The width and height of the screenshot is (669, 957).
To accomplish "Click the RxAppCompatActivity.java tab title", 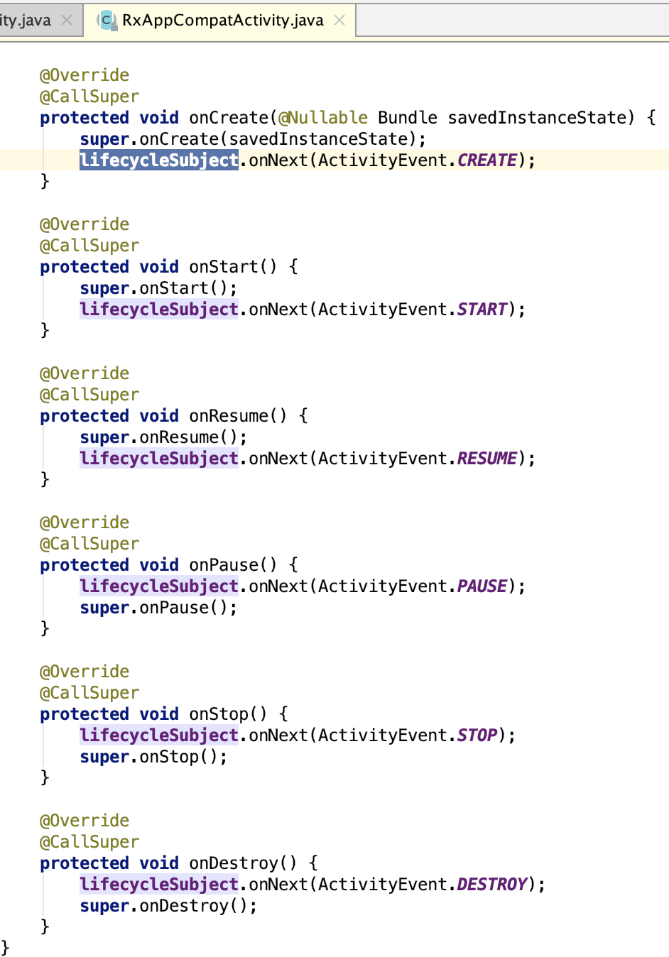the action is [222, 20].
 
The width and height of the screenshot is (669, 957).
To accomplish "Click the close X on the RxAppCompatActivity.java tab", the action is [339, 20].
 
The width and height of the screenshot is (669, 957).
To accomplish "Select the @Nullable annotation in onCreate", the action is [323, 117].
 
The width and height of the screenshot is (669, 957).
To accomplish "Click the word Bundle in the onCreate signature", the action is [407, 117].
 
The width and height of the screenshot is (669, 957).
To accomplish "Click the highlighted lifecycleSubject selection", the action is [158, 160].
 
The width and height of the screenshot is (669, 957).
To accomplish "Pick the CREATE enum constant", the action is [486, 160].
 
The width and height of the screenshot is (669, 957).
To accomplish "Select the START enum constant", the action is [482, 309].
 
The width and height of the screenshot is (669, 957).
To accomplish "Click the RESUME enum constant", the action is [486, 458].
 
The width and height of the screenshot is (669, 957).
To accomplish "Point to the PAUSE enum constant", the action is [482, 586].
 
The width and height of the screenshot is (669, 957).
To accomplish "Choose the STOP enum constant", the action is [477, 735].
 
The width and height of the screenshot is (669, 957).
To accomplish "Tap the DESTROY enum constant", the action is [491, 884].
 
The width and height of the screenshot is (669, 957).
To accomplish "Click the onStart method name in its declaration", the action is [223, 266].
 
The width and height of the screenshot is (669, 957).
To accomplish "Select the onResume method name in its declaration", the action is [228, 415].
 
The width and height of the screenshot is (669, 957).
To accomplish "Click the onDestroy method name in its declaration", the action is [233, 863].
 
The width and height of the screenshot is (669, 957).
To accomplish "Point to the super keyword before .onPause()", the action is [104, 608].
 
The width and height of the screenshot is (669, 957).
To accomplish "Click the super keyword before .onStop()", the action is [104, 757].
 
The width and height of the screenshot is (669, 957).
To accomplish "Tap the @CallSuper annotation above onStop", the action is [89, 692].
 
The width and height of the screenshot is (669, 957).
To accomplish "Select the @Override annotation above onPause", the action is [84, 522].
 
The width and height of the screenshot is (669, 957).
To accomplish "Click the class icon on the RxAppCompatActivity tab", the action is [107, 21].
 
